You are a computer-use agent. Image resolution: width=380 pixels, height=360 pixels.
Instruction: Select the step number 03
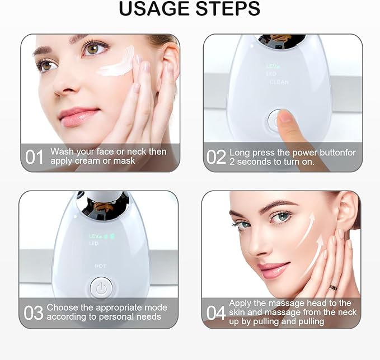[x=34, y=312]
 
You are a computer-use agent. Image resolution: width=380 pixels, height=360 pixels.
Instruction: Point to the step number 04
[x=216, y=312]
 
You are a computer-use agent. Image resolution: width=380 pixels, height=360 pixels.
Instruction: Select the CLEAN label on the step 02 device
[x=279, y=82]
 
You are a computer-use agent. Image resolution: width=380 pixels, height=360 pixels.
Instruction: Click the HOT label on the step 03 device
[x=100, y=266]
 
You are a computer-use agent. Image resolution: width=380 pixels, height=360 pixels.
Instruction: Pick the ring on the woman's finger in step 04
[x=334, y=287]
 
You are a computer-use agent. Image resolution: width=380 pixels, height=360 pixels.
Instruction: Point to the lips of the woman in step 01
[x=79, y=116]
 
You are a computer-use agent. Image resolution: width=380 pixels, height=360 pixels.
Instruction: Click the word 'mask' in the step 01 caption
[x=124, y=161]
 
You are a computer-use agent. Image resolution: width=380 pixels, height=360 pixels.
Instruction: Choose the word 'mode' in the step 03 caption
[x=156, y=307]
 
